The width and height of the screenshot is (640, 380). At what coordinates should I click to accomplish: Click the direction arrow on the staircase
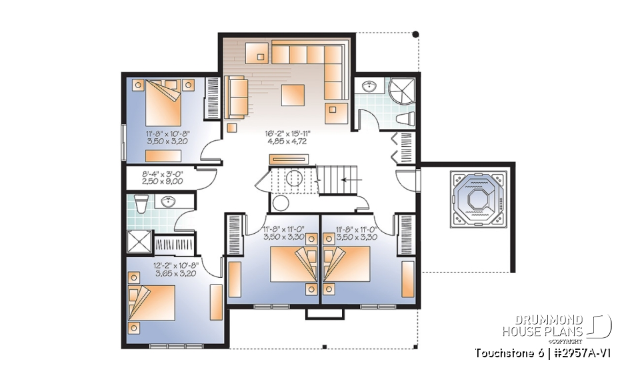click(x=347, y=180)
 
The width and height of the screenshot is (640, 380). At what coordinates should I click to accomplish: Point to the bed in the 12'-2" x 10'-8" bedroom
click(x=151, y=304)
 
